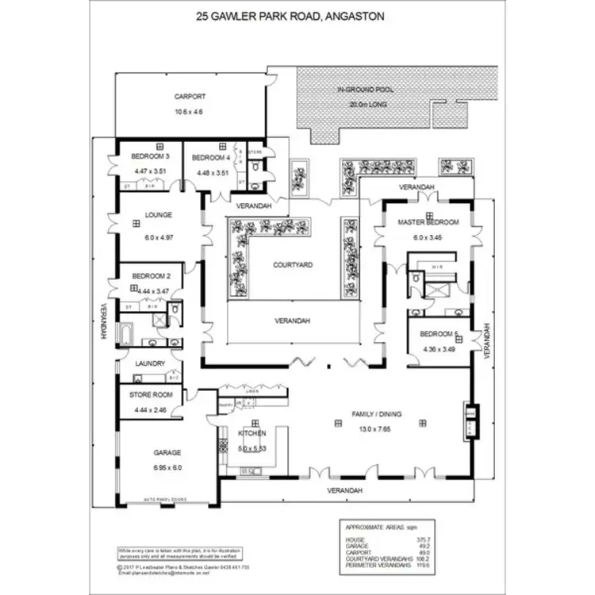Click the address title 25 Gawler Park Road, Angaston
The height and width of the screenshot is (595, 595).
coord(297,14)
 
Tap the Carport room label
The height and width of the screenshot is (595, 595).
coord(189,97)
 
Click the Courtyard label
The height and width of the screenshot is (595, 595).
coord(290,266)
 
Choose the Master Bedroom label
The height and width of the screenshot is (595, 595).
coord(428,222)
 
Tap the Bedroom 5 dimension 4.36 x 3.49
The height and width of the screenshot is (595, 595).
coord(439,350)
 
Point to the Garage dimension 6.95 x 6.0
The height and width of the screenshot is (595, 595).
coord(167,467)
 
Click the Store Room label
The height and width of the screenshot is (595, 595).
coord(151,394)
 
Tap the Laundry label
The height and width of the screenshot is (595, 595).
coord(150,363)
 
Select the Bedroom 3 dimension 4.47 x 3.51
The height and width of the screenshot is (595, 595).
coord(150,171)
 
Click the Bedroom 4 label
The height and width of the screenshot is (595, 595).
coord(210,157)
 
